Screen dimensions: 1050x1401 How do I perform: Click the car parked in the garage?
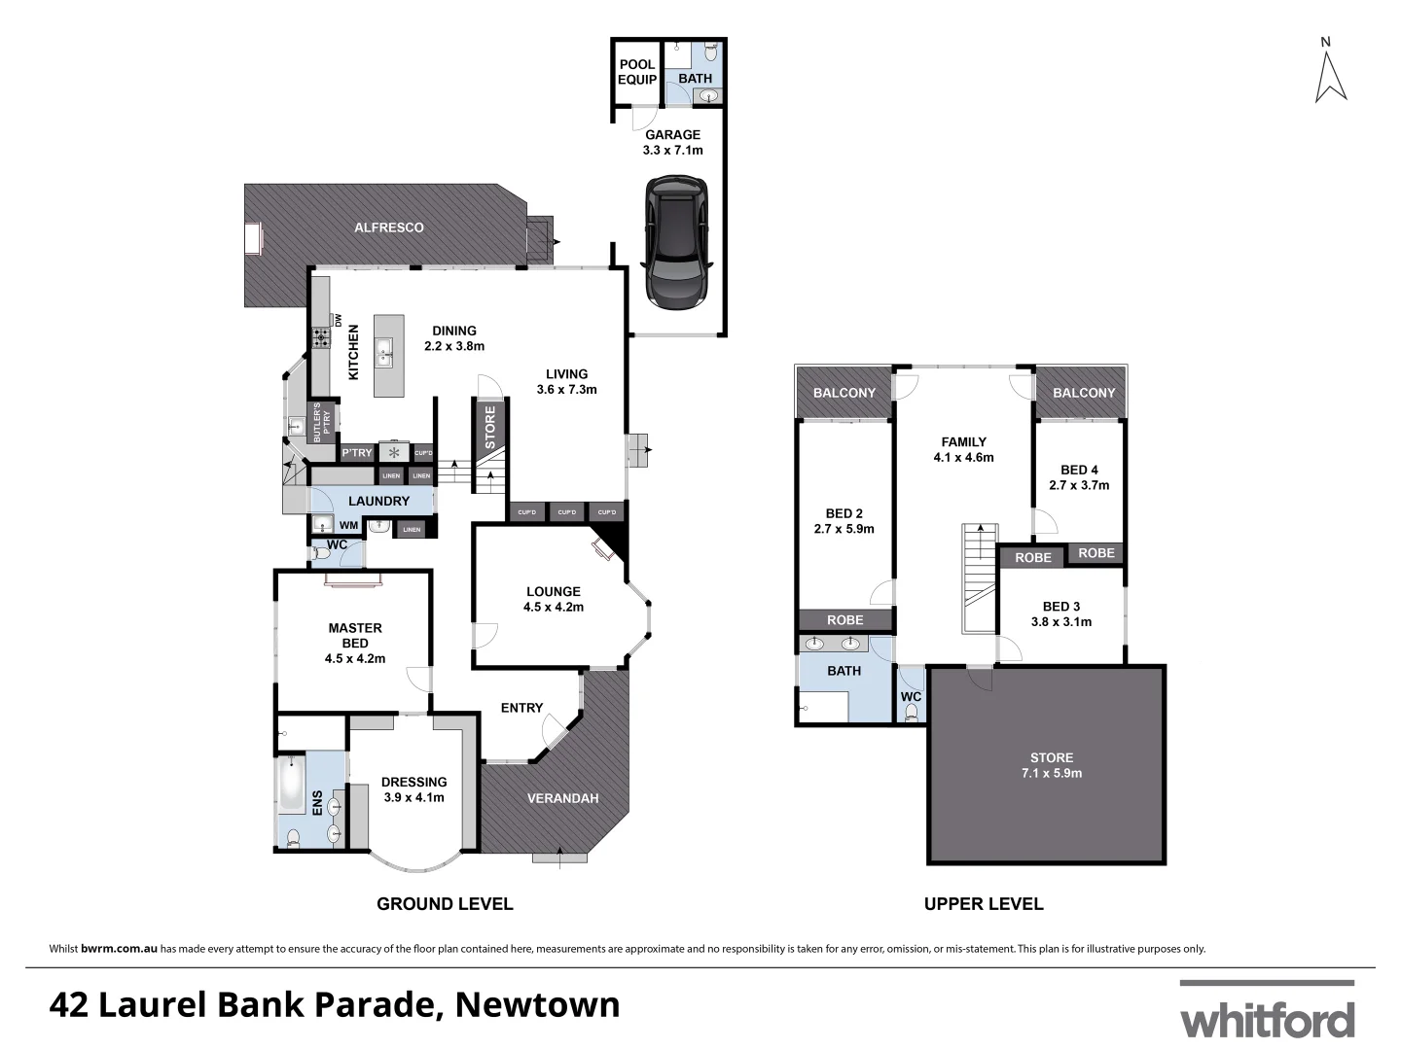coord(677,243)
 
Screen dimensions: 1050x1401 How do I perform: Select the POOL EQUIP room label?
coord(637,72)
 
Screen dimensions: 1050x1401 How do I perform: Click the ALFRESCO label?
coord(388,227)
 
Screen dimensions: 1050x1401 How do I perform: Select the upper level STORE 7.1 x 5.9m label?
coord(1051,773)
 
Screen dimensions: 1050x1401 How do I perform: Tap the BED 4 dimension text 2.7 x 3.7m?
coord(1079,485)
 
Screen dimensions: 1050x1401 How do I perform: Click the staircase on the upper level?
coord(979,577)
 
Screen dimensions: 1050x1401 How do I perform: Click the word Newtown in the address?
coord(537,1003)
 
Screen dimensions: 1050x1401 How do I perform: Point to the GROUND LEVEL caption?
coord(445,903)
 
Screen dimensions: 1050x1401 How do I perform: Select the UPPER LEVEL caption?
coord(984,903)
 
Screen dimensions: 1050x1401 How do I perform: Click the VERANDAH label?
coord(562,798)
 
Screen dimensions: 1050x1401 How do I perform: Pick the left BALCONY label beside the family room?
coord(844,393)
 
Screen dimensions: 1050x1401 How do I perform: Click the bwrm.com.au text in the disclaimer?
coord(120,949)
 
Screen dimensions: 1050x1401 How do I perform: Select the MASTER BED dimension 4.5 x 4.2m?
coord(355,658)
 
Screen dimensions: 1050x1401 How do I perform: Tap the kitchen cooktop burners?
coord(321,338)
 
